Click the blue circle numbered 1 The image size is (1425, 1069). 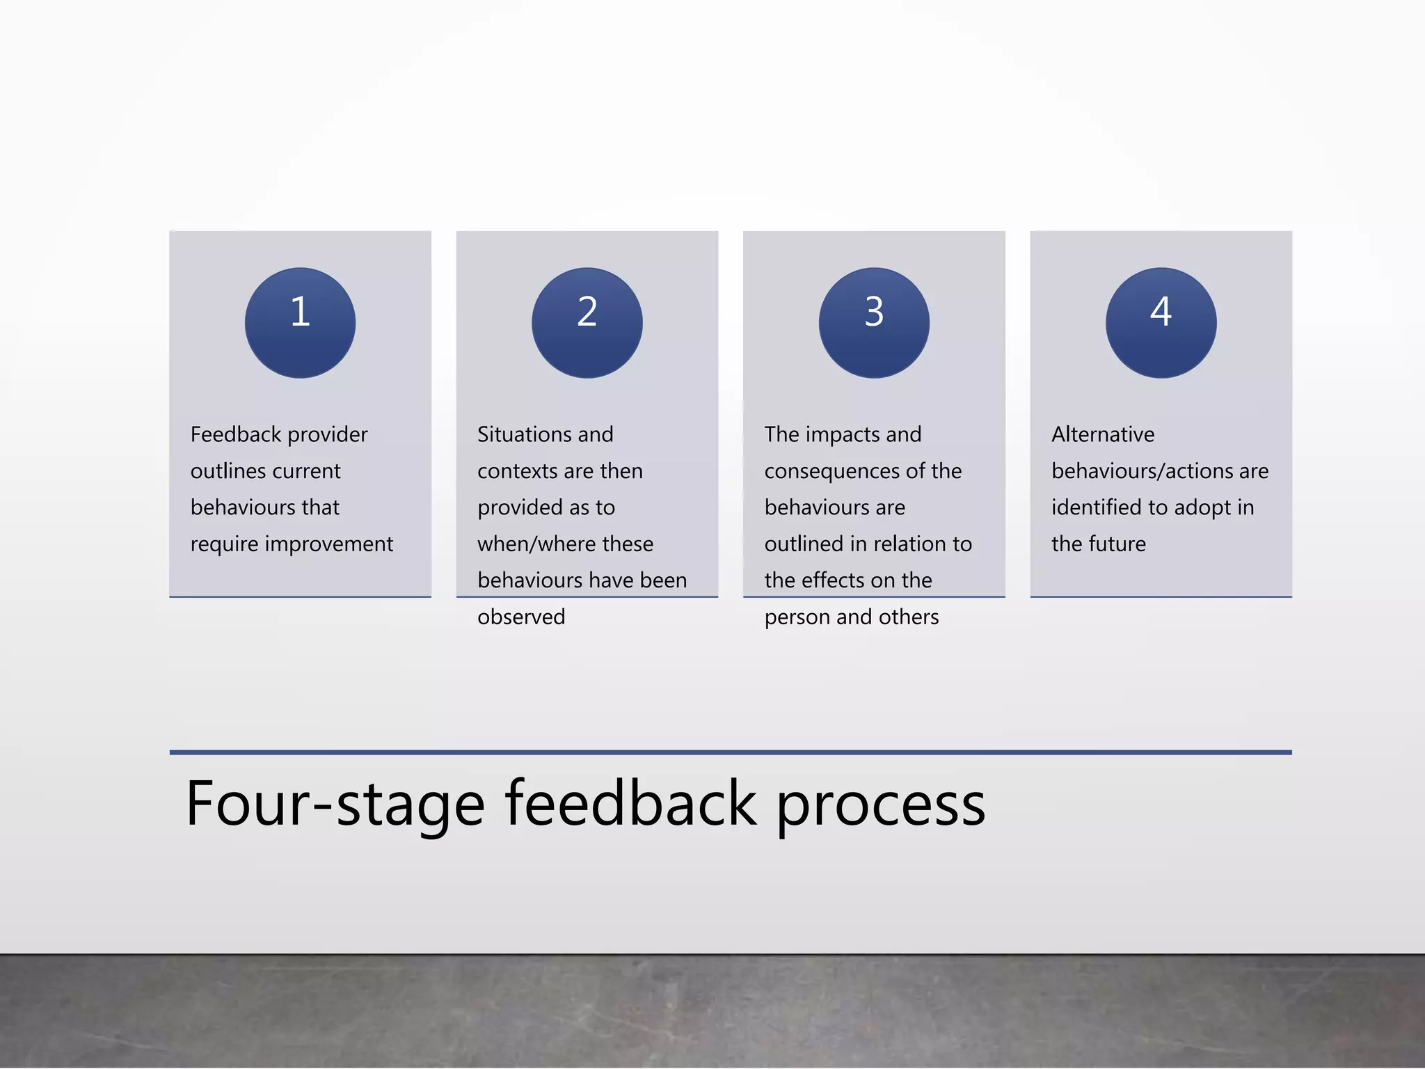300,323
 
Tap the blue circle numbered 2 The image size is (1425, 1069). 587,323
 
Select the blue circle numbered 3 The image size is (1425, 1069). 874,323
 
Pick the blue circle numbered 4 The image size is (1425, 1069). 1161,323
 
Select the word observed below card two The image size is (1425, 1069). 521,617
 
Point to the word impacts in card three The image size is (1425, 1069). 844,435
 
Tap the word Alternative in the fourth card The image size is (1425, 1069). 1103,434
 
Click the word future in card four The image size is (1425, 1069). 1117,544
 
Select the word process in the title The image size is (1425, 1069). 881,806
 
